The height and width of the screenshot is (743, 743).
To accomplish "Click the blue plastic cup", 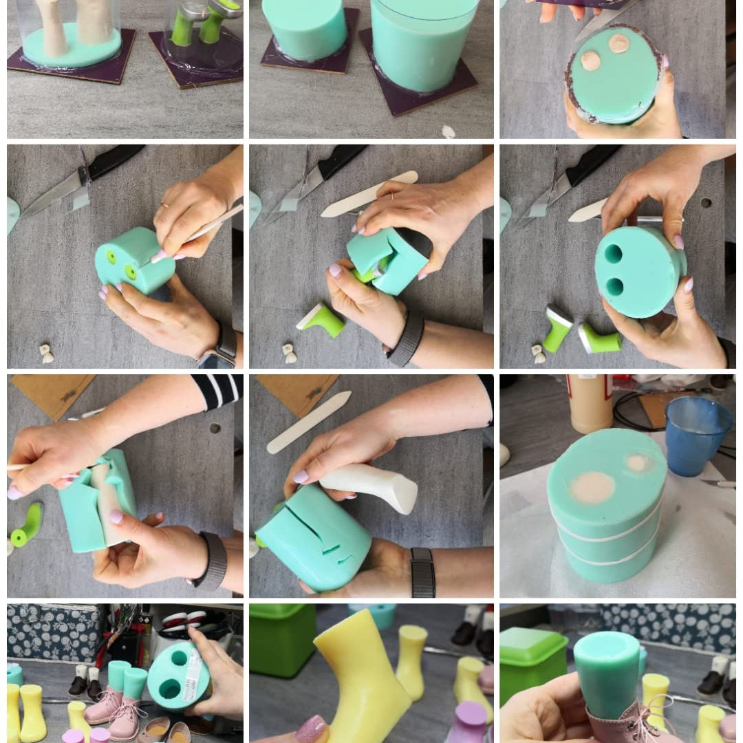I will coord(697,435).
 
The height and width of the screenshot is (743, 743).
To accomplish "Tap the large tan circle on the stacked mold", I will coord(592,487).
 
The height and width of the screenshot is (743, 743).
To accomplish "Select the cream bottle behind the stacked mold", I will coord(590,402).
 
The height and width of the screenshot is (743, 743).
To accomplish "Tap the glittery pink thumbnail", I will coord(310,729).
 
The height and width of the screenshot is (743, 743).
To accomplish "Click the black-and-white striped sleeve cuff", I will coord(219,389).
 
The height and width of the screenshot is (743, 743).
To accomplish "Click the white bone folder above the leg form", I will coord(309,422).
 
